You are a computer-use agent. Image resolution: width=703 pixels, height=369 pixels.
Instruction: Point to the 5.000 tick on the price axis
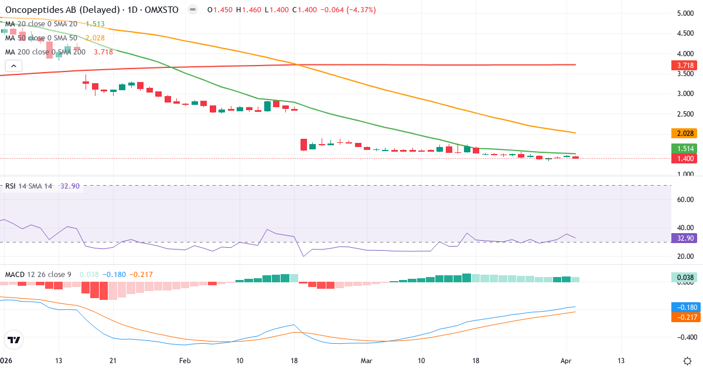pyautogui.click(x=685, y=13)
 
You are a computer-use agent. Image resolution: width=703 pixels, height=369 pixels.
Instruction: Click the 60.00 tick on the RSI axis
pyautogui.click(x=685, y=200)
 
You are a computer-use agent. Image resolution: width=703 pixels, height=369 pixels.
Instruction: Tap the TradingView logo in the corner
pyautogui.click(x=14, y=339)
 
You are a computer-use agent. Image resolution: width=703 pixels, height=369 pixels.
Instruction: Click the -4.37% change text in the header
pyautogui.click(x=359, y=10)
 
